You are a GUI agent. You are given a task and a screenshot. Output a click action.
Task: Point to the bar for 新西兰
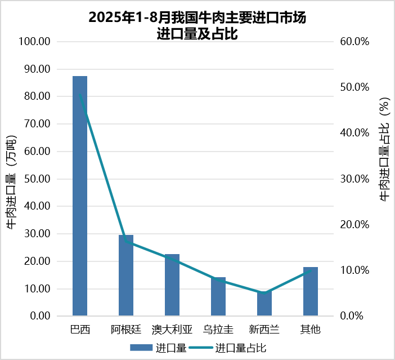click(264, 304)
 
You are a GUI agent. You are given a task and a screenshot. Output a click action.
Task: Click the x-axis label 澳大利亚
click(172, 329)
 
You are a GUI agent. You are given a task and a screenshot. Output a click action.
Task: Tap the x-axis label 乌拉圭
click(218, 329)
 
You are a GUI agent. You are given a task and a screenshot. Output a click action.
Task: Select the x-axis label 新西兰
click(264, 329)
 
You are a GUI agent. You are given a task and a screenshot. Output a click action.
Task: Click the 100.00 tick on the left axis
click(35, 42)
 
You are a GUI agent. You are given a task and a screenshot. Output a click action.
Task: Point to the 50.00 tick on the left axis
click(38, 179)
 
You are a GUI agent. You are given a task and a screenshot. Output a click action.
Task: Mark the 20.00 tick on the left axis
click(38, 261)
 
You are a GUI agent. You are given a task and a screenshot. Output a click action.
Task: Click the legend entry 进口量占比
click(240, 348)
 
